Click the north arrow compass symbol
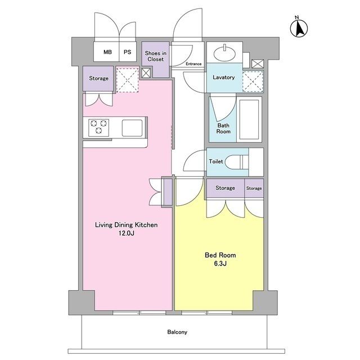point(299,28)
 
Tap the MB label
point(107,52)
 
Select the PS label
point(128,52)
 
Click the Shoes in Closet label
point(155,56)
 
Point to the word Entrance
point(193,64)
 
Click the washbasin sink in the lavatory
point(224,54)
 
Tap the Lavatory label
point(224,78)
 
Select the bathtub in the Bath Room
point(249,119)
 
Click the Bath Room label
point(223,129)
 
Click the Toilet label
point(216,161)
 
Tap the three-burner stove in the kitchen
point(99,128)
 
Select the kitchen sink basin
point(132,128)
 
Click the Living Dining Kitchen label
point(126,225)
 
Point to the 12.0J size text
point(126,233)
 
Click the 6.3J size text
point(220,264)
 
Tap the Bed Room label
point(220,255)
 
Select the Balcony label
point(177,332)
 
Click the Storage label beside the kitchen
point(99,79)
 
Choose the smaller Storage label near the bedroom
point(254,188)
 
